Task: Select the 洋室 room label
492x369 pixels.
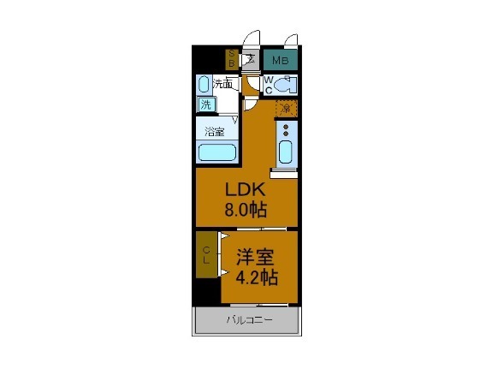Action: (257, 256)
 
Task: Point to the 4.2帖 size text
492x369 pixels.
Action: (257, 277)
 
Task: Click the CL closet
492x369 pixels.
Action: (207, 254)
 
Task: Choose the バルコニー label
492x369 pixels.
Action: (248, 321)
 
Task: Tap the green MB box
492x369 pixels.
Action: (280, 61)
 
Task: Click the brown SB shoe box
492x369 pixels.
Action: (231, 60)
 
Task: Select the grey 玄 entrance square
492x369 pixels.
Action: (250, 60)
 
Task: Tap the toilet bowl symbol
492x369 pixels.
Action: (286, 84)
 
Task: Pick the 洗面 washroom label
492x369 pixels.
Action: (222, 84)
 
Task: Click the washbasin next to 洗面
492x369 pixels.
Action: (204, 84)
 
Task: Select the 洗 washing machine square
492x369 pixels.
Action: (205, 104)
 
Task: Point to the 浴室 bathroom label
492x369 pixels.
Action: (215, 132)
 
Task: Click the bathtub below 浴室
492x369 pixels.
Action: (217, 152)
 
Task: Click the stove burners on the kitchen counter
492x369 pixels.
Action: (286, 131)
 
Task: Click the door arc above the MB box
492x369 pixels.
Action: (291, 39)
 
